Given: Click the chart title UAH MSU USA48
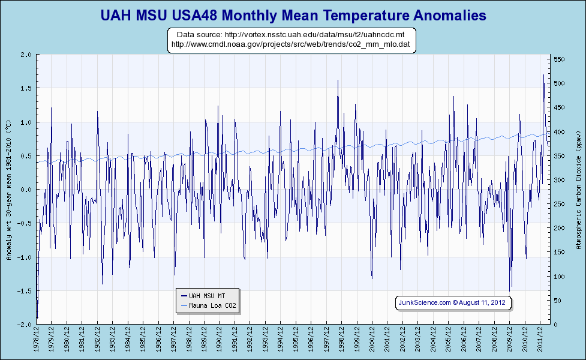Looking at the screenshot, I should (x=293, y=14).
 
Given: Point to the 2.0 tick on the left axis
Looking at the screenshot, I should (x=26, y=55).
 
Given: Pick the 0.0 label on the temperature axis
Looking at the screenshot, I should (x=26, y=190).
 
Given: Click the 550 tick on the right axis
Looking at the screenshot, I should (x=559, y=59).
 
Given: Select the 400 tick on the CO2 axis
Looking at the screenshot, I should (x=559, y=132).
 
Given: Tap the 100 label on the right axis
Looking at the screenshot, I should (x=559, y=277).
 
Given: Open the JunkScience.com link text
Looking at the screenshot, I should (x=424, y=303).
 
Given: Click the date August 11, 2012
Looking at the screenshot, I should (x=483, y=303).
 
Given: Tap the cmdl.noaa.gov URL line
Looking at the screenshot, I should (x=290, y=44).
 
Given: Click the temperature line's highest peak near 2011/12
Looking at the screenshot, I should (x=543, y=75).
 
